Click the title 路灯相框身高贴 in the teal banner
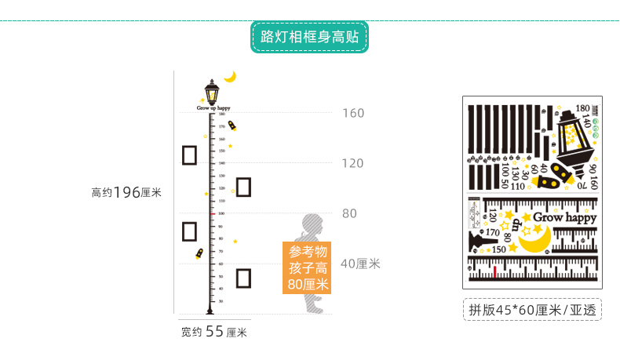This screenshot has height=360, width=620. [310, 36]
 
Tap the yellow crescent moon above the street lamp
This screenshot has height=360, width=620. [230, 76]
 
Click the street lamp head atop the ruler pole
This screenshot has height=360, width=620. [211, 93]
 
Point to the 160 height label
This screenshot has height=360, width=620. [353, 113]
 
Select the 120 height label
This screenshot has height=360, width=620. [353, 163]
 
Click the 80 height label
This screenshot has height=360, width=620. [349, 213]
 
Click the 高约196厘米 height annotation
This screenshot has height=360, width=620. [126, 191]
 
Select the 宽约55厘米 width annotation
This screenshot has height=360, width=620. [213, 332]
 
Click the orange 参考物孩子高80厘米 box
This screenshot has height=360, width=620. [308, 267]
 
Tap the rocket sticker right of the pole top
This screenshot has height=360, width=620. [232, 126]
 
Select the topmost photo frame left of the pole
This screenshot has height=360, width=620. [189, 155]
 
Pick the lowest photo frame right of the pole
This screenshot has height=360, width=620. [243, 278]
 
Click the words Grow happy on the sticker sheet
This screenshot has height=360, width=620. [565, 217]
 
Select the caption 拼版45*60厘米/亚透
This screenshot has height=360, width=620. [531, 309]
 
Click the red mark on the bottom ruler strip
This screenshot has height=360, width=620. [495, 271]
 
